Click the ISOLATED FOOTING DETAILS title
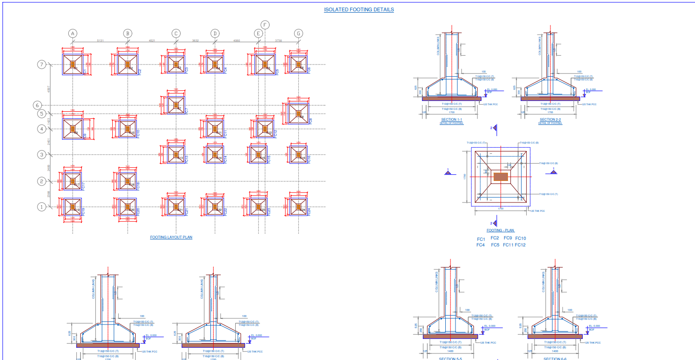[359, 9]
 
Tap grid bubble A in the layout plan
[72, 33]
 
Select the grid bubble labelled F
[265, 25]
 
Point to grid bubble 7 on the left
[42, 65]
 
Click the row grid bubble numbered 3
[42, 155]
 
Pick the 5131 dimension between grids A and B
[100, 41]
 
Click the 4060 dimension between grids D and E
[236, 41]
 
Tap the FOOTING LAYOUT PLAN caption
[171, 238]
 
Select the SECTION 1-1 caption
[451, 120]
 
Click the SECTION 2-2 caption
[550, 120]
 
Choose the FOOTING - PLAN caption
[500, 230]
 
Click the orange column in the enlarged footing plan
[500, 177]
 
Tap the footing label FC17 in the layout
[83, 186]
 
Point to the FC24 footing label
[310, 211]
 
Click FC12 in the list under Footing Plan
[520, 245]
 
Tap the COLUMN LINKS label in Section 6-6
[543, 282]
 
